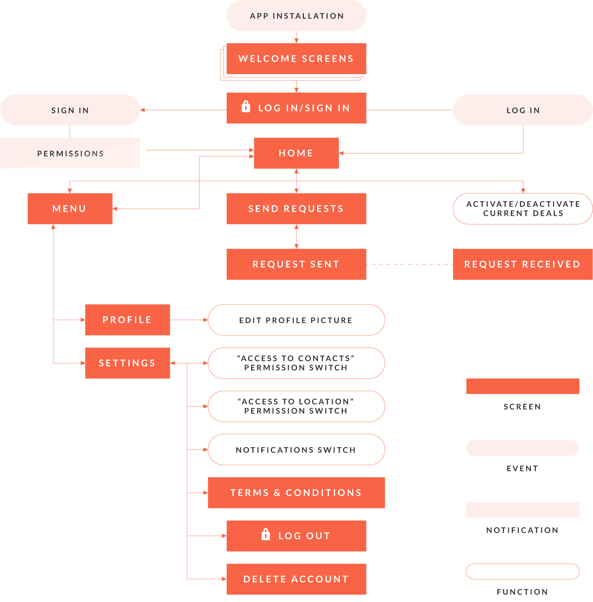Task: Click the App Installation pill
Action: pos(296,15)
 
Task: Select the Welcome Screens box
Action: pos(296,59)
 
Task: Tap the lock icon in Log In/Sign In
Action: pos(246,107)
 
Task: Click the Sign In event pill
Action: pos(70,110)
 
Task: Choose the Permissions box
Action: pos(70,153)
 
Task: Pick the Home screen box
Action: pos(296,153)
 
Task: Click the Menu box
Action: pos(70,209)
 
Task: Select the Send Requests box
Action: pos(296,209)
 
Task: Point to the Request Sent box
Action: pos(296,264)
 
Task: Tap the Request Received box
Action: pos(523,264)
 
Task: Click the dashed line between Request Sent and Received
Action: pos(410,264)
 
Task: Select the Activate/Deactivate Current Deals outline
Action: pos(523,209)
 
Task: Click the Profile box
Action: pos(127,320)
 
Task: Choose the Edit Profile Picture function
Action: pos(296,320)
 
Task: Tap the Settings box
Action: pos(127,363)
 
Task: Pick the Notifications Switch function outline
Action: pos(296,449)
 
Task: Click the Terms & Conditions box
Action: pos(296,493)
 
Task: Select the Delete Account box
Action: pos(296,579)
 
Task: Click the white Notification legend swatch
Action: pos(523,510)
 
